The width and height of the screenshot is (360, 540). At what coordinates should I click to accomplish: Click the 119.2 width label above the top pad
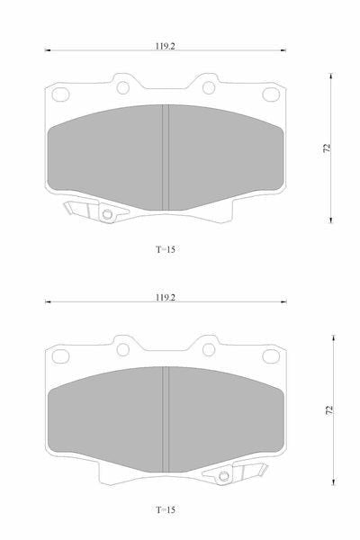tap(165, 46)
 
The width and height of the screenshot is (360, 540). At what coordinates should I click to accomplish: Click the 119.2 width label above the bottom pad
tap(166, 298)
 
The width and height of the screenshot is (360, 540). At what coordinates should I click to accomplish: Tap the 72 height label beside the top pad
tap(328, 148)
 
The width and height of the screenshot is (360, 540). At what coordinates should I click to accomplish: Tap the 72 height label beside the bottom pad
tap(329, 409)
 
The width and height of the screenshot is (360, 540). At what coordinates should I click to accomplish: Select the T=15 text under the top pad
tap(166, 249)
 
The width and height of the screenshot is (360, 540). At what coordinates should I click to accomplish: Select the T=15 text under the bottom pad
tap(166, 509)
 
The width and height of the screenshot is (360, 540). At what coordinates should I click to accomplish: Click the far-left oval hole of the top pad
tap(60, 94)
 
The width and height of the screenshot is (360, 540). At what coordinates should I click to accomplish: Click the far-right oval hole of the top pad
tap(271, 94)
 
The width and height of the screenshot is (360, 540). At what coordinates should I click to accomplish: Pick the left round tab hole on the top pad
tap(123, 88)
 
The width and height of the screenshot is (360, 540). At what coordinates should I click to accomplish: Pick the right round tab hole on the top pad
tap(209, 88)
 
